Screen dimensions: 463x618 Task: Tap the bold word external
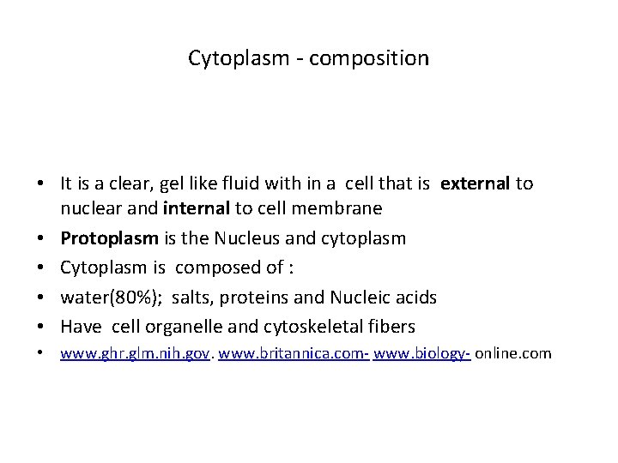pos(476,183)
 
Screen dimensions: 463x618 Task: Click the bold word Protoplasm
pos(101,238)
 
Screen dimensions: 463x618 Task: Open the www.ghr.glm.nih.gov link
pos(135,353)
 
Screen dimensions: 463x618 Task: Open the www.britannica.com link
pos(294,353)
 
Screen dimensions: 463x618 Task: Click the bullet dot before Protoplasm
pos(41,238)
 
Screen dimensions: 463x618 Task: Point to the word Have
pos(80,327)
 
